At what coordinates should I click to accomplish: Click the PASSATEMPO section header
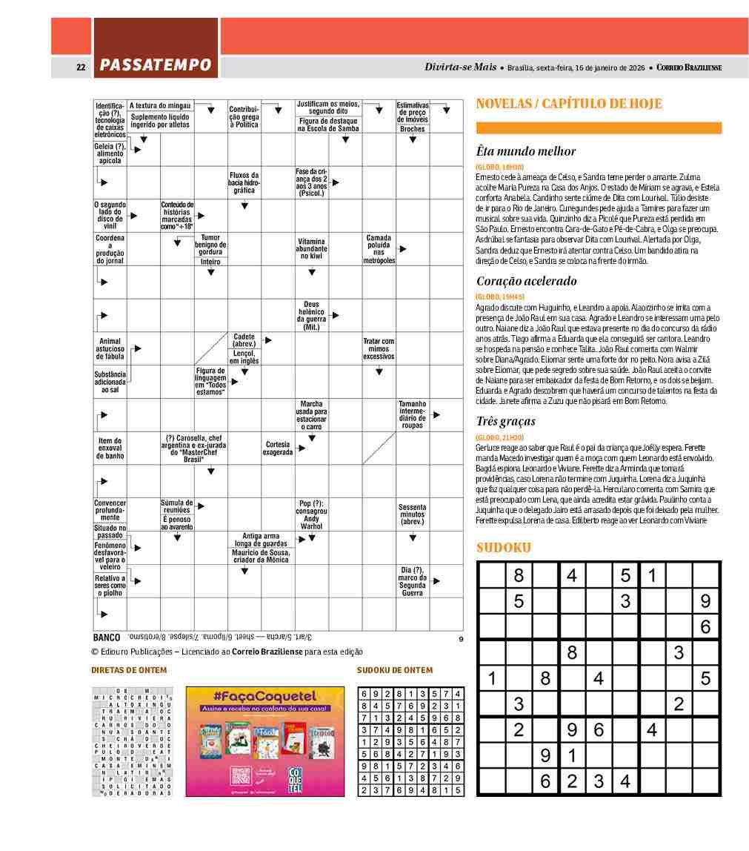[x=156, y=65]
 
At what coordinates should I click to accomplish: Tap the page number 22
[x=81, y=67]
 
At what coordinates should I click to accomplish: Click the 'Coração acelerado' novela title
[x=526, y=281]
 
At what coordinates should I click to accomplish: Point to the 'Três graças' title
[x=505, y=421]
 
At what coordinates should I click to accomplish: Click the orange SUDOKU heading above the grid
[x=504, y=548]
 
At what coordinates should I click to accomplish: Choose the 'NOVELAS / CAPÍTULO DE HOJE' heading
[x=569, y=104]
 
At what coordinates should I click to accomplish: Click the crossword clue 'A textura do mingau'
[x=161, y=105]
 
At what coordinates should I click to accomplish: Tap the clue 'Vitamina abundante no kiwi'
[x=311, y=248]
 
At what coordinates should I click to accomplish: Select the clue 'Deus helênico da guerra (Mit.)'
[x=311, y=315]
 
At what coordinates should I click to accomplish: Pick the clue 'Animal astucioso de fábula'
[x=110, y=348]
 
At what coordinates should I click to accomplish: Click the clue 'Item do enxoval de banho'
[x=110, y=448]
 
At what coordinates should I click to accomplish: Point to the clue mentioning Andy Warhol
[x=311, y=514]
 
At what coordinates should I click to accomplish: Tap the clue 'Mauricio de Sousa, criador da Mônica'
[x=261, y=557]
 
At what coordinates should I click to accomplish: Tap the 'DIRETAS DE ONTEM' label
[x=129, y=670]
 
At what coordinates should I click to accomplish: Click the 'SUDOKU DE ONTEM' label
[x=395, y=670]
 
